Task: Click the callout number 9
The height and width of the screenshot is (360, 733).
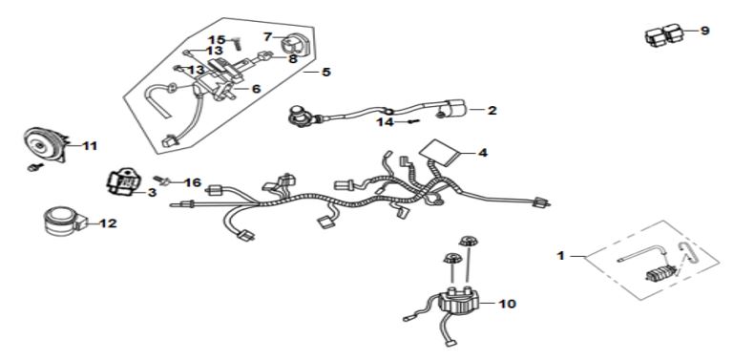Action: click(x=704, y=31)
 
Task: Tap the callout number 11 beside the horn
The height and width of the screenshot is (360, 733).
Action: click(x=90, y=146)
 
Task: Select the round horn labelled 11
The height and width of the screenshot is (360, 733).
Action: click(x=46, y=144)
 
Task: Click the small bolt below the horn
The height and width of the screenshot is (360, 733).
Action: click(x=35, y=166)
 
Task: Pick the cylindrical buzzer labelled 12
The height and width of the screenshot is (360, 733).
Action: click(x=64, y=221)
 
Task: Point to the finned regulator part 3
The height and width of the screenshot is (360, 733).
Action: click(x=122, y=180)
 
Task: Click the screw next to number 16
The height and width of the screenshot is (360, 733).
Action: click(x=161, y=180)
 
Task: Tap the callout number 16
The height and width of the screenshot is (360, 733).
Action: click(x=193, y=181)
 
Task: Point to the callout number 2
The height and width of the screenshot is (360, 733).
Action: click(x=492, y=111)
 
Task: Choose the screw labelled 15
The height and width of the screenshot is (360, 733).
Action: click(x=238, y=46)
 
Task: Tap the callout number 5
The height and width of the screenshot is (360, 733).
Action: click(x=325, y=72)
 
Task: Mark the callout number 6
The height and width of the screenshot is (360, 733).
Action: click(x=256, y=89)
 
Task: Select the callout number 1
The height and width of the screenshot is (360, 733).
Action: click(x=561, y=256)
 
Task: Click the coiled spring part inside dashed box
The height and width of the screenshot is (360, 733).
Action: click(x=660, y=271)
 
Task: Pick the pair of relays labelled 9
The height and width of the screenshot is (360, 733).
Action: click(x=664, y=35)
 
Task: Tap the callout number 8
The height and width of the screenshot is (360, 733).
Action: click(x=293, y=59)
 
